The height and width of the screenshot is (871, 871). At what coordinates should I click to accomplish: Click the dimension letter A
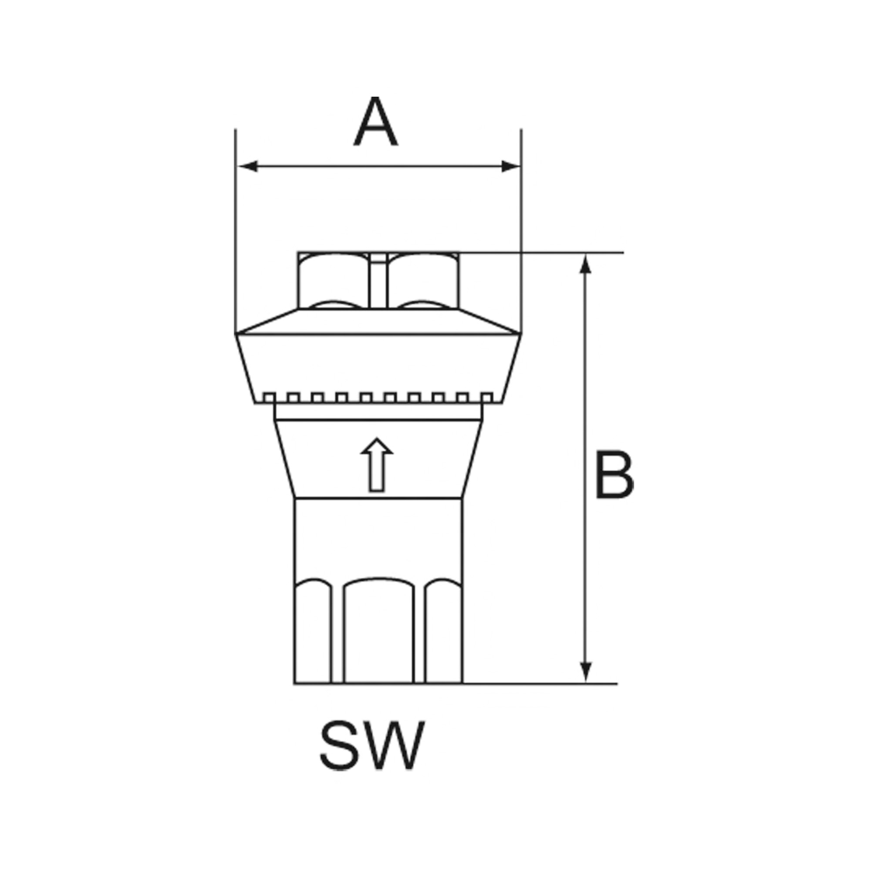pos(375,122)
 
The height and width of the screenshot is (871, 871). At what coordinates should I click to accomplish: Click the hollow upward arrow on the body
pos(377,464)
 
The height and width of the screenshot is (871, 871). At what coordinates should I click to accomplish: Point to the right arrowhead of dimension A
pos(510,166)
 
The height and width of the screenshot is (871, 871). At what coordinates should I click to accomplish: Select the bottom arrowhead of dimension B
pos(585,684)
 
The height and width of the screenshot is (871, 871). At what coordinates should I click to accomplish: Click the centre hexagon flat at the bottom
pos(379,640)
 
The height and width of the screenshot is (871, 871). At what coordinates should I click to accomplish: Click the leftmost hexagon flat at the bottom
pos(312,640)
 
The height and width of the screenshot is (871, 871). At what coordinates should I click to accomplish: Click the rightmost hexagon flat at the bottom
pos(444,640)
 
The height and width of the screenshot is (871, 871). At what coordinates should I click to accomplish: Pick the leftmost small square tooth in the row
pos(269,398)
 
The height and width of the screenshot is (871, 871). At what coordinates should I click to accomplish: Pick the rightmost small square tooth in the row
pos(486,398)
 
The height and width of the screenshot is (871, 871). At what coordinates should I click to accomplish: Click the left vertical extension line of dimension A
pos(235,226)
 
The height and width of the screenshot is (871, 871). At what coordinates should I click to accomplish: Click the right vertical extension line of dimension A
pos(521,226)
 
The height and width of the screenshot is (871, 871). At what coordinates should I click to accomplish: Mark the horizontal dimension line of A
pos(379,166)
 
